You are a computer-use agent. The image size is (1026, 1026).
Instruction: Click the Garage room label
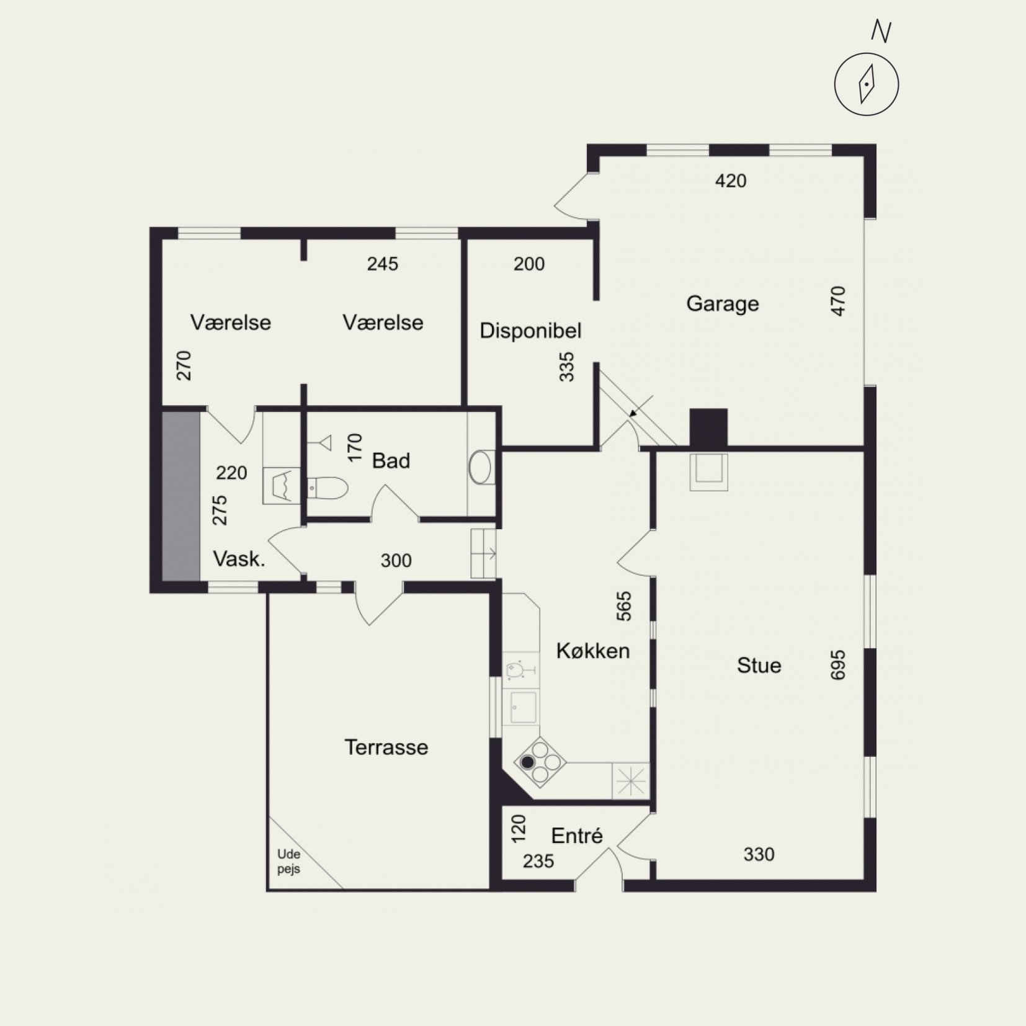(723, 304)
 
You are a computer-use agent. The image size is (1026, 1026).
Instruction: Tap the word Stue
(759, 666)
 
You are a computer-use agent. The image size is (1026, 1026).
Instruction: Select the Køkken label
(593, 651)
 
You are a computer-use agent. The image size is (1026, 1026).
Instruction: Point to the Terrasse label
(386, 747)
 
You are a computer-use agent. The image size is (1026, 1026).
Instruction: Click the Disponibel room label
(530, 331)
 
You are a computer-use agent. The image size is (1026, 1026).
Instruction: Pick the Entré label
(577, 836)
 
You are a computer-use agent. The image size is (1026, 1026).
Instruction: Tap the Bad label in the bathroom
(391, 461)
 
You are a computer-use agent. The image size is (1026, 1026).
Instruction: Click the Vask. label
(239, 559)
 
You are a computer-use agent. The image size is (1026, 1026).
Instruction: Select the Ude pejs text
(289, 862)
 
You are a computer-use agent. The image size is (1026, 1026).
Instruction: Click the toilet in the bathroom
(327, 488)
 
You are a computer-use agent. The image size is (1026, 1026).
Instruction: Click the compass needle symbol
(866, 84)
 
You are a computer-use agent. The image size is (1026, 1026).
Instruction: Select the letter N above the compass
(881, 31)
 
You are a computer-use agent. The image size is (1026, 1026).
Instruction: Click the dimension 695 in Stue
(837, 665)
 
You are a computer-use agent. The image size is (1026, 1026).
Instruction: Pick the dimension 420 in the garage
(731, 181)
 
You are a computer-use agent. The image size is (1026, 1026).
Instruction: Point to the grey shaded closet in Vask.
(181, 496)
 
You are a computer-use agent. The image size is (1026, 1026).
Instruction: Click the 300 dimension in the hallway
(396, 561)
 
